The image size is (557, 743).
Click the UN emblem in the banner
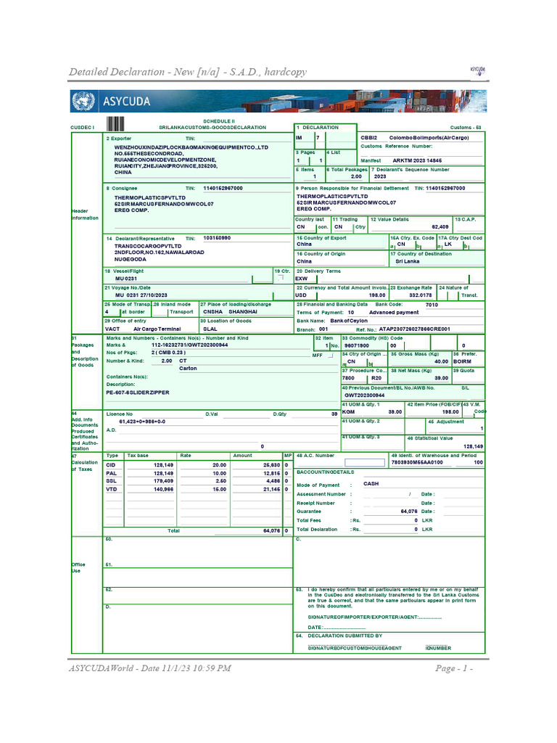[x=84, y=102]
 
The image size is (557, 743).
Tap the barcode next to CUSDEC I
[x=116, y=124]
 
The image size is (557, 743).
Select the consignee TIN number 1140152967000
[x=223, y=188]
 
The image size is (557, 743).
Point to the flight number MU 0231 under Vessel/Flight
[x=125, y=279]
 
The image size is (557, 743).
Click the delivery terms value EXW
[x=302, y=279]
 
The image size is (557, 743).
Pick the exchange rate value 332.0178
[x=421, y=295]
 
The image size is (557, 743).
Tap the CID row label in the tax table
[x=111, y=464]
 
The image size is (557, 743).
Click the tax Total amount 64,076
[x=270, y=530]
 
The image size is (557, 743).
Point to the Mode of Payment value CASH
[x=371, y=483]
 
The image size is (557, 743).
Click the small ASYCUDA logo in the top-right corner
[x=476, y=70]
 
